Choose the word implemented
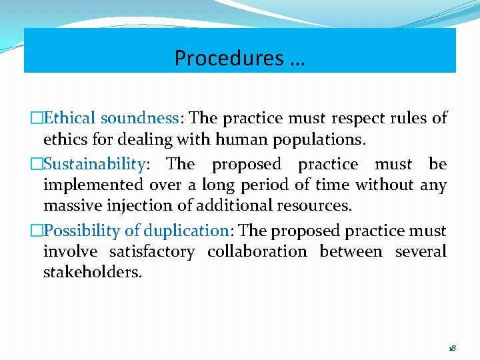click(x=93, y=185)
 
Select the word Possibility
click(x=83, y=231)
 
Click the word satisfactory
click(x=153, y=251)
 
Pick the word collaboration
click(x=257, y=251)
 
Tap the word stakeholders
click(x=93, y=272)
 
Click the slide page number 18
click(x=452, y=349)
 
